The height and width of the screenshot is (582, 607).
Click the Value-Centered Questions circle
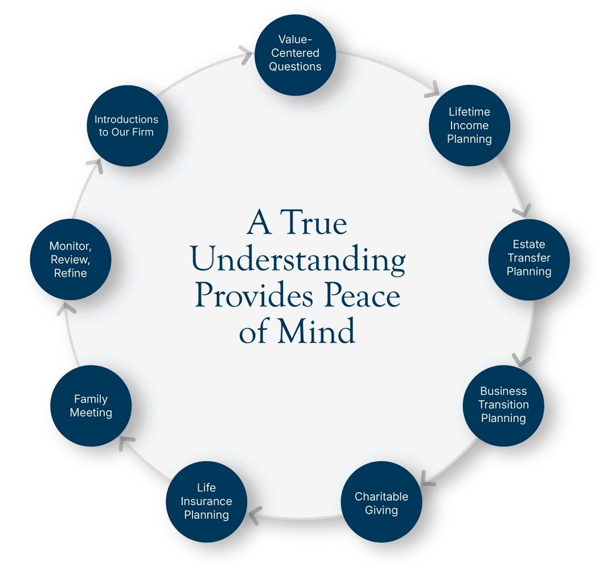click(x=295, y=53)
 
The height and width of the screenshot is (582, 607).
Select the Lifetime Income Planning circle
click(x=469, y=125)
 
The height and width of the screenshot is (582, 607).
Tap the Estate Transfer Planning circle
click(x=529, y=259)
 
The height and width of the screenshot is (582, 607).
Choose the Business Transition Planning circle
click(x=503, y=405)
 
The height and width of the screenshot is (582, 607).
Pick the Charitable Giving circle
click(x=381, y=503)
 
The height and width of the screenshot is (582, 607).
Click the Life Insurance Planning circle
click(x=206, y=502)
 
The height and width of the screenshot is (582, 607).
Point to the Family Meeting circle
click(x=91, y=405)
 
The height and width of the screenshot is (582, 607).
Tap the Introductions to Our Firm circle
click(x=126, y=126)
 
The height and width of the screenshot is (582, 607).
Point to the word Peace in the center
click(x=363, y=296)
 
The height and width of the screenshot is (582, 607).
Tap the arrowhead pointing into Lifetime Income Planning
click(x=434, y=88)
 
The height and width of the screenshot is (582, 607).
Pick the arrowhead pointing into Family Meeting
click(x=126, y=442)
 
